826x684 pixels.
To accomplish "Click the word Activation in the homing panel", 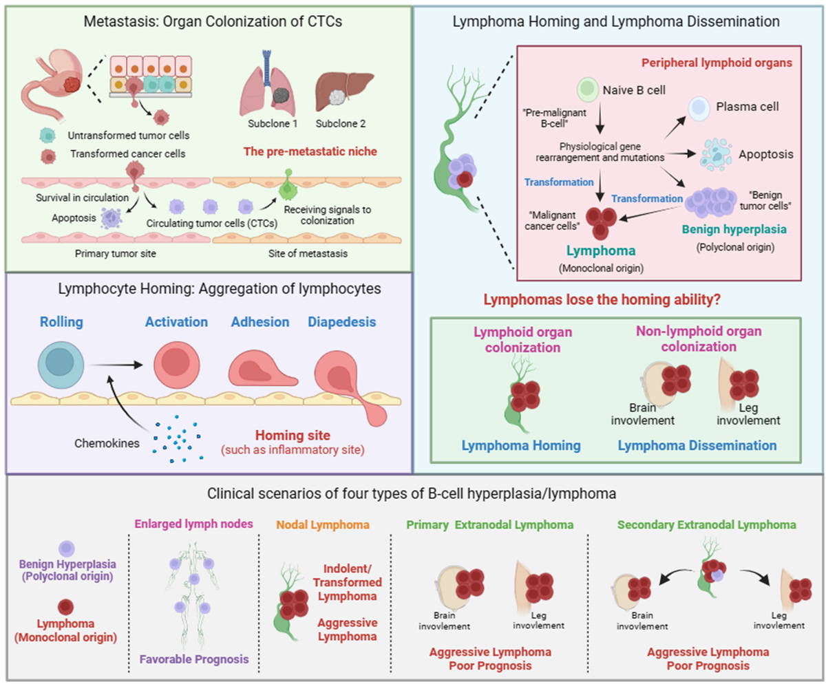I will click(176, 323).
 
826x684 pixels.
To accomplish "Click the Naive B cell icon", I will click(586, 89).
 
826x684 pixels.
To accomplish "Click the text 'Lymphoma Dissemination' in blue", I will click(697, 445).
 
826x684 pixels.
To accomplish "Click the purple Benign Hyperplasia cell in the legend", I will click(67, 548).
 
